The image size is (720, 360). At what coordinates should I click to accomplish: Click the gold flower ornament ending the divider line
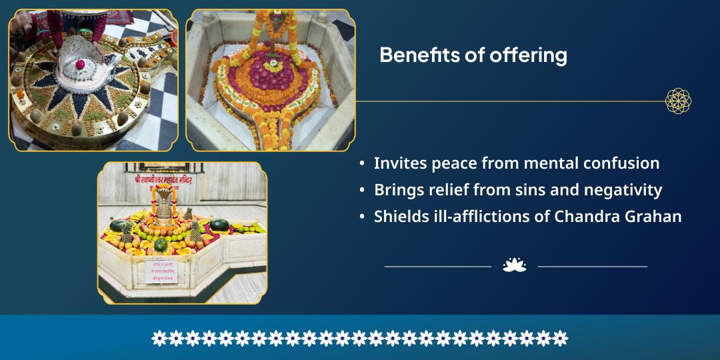pyautogui.click(x=678, y=101)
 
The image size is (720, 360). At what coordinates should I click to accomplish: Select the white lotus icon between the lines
pyautogui.click(x=514, y=265)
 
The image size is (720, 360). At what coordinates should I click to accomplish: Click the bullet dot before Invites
pyautogui.click(x=361, y=164)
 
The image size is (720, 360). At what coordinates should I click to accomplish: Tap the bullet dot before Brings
pyautogui.click(x=361, y=191)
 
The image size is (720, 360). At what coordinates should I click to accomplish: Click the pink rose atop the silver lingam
pyautogui.click(x=81, y=65)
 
